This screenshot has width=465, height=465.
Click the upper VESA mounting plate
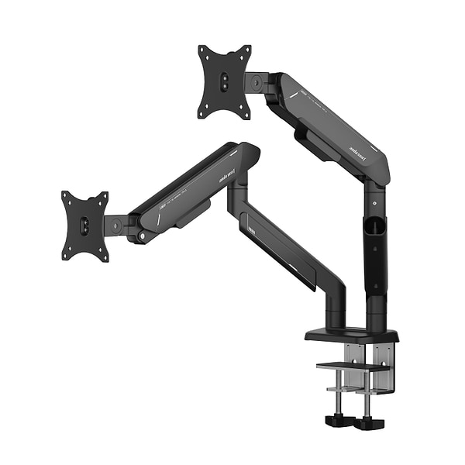225,81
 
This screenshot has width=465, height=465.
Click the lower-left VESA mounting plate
85,226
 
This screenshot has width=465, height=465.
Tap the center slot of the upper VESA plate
225,81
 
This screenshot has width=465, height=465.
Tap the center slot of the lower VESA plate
84,226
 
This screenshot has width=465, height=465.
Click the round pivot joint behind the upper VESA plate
255,81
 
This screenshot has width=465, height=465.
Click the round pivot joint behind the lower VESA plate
115,226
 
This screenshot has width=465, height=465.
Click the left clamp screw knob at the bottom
338,422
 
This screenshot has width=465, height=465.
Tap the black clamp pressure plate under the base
352,365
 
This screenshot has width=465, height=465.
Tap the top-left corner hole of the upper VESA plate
202,50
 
